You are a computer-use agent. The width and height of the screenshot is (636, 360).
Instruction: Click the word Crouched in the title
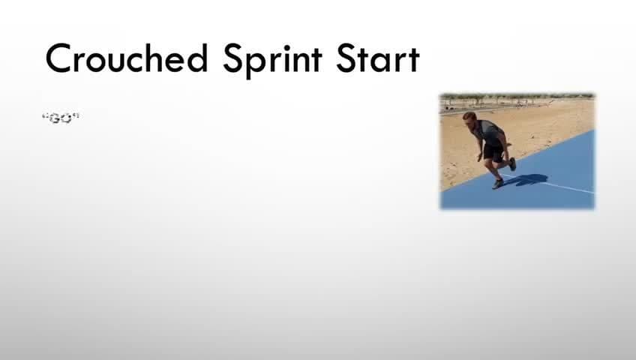(127, 58)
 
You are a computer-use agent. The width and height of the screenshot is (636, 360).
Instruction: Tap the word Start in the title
(377, 58)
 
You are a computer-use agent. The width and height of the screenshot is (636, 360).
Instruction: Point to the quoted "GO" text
(61, 118)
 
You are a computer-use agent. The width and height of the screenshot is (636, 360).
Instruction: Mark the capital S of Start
(346, 58)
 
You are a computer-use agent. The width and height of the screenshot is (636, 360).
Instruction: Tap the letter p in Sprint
(254, 63)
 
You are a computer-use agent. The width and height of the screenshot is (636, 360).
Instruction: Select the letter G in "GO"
(55, 118)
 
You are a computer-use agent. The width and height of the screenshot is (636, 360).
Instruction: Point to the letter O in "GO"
(66, 118)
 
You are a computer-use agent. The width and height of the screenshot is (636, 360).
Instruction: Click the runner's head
(469, 120)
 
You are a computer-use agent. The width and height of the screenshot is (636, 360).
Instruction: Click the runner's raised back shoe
(512, 163)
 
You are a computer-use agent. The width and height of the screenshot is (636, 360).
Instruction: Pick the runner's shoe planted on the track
(498, 184)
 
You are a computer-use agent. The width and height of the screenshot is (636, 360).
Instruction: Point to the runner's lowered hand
(480, 157)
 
